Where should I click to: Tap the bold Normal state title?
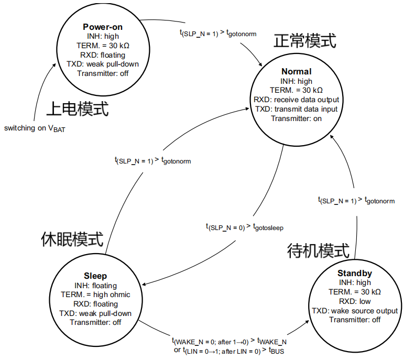[x=296, y=71]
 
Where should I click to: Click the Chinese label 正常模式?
[x=304, y=40]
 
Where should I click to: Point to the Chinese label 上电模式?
[x=78, y=108]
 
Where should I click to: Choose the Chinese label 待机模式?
[x=318, y=250]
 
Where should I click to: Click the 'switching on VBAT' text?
[x=35, y=128]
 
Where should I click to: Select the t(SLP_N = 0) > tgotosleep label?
[x=245, y=227]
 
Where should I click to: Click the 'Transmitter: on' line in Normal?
[x=296, y=118]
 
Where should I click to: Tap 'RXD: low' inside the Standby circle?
[x=355, y=301]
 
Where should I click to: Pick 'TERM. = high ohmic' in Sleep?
[x=95, y=294]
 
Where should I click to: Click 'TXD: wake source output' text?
[x=355, y=311]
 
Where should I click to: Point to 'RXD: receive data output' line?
[x=296, y=100]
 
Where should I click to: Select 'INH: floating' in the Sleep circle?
[x=95, y=285]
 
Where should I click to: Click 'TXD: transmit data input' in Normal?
[x=296, y=109]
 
